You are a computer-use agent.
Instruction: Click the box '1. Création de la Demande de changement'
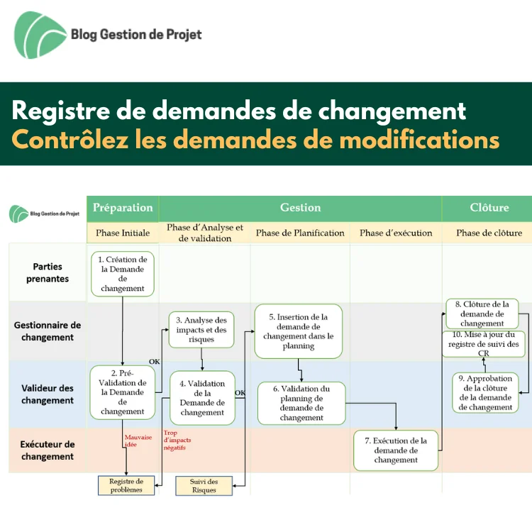[123, 274]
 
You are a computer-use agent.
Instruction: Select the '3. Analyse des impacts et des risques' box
[201, 329]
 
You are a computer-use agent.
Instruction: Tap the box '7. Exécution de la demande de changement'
[396, 450]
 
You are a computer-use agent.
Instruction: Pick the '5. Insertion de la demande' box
[298, 331]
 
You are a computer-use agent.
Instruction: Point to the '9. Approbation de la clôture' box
[485, 392]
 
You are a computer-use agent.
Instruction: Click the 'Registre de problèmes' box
[126, 485]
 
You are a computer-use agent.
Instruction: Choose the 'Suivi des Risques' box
[204, 485]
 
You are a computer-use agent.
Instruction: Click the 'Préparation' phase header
[123, 208]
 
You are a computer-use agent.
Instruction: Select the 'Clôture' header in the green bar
[489, 208]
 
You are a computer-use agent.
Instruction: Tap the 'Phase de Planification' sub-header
[300, 233]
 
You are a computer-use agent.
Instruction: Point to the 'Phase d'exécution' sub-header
[396, 233]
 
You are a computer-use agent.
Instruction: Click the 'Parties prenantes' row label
[48, 272]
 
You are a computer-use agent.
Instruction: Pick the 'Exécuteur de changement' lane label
[48, 450]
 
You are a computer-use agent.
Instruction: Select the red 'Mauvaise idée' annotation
[138, 440]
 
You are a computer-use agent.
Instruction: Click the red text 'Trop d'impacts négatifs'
[177, 440]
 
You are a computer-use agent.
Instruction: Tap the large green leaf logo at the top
[39, 35]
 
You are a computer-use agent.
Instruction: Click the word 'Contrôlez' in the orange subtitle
[70, 140]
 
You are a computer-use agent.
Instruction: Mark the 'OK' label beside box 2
[155, 361]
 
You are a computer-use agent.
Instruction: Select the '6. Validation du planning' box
[301, 403]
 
